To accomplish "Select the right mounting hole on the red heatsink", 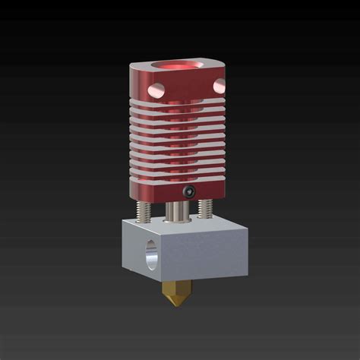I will [x=219, y=84].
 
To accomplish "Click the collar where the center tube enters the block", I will [x=178, y=220].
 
